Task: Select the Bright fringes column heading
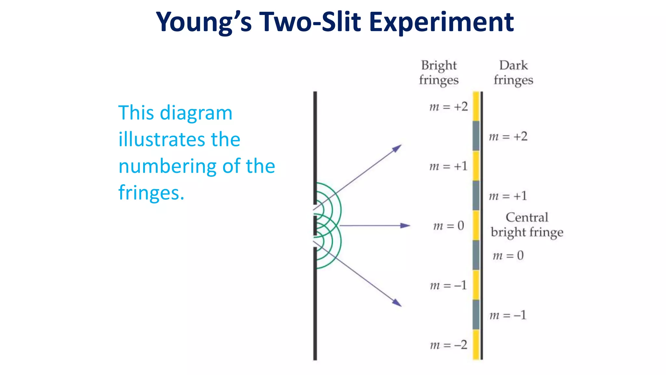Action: (x=439, y=73)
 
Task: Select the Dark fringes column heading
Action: (x=513, y=73)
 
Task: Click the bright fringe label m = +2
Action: (x=448, y=106)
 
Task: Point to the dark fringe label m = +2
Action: (x=508, y=136)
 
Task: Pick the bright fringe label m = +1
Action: (x=448, y=166)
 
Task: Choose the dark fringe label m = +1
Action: (x=508, y=196)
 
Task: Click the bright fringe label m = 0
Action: (x=448, y=226)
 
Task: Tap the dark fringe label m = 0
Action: (x=508, y=256)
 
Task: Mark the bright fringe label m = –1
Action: (x=448, y=285)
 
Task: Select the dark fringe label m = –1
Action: (x=508, y=315)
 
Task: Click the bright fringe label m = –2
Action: (x=448, y=345)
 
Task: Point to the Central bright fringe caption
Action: (x=527, y=225)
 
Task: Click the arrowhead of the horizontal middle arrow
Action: (x=406, y=226)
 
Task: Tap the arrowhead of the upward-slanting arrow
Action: (x=397, y=148)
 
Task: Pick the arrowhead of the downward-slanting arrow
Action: (x=397, y=303)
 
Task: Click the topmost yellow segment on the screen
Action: (x=476, y=106)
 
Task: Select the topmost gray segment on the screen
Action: (x=476, y=136)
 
